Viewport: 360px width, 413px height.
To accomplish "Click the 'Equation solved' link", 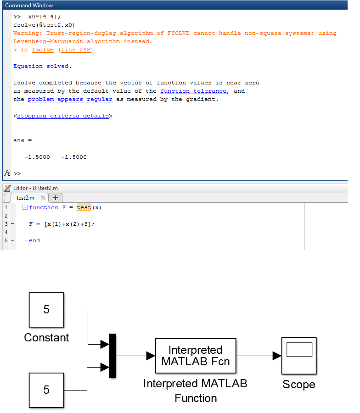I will pyautogui.click(x=41, y=66).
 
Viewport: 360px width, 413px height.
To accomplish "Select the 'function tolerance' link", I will pyautogui.click(x=193, y=91).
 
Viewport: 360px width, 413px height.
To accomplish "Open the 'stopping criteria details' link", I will pyautogui.click(x=63, y=116).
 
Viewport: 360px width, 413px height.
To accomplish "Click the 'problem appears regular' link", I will pyautogui.click(x=70, y=99).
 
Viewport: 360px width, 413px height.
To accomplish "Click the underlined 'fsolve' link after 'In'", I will pyautogui.click(x=43, y=50).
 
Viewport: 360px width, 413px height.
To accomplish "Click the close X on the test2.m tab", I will pyautogui.click(x=43, y=198).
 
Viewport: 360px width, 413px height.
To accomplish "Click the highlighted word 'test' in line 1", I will pyautogui.click(x=84, y=207).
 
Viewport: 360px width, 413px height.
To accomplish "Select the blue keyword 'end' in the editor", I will pyautogui.click(x=34, y=240).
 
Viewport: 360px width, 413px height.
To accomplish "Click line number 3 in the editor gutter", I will pyautogui.click(x=6, y=224).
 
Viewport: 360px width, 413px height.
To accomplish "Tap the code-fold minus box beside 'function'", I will pyautogui.click(x=25, y=207).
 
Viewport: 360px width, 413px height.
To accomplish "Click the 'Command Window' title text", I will pyautogui.click(x=29, y=6).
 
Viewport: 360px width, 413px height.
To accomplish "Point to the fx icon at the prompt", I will pyautogui.click(x=7, y=173).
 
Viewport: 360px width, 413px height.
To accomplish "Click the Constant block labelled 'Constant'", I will pyautogui.click(x=46, y=310).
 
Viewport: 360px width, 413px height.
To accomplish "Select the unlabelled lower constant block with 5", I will pyautogui.click(x=46, y=390).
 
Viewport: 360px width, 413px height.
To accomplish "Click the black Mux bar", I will pyautogui.click(x=112, y=356).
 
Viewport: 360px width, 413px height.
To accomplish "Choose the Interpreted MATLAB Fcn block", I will pyautogui.click(x=196, y=356).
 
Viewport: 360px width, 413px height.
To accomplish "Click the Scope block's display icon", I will pyautogui.click(x=299, y=350).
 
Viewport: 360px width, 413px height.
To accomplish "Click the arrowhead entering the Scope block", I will pyautogui.click(x=276, y=356).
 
